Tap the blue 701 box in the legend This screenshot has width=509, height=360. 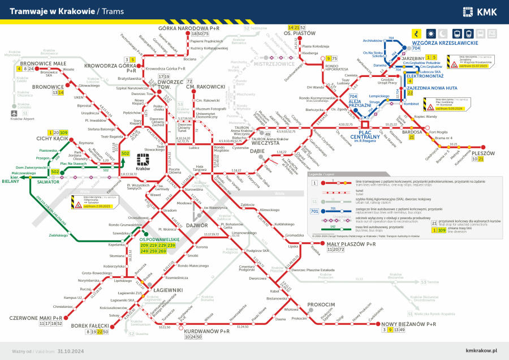click(314, 212)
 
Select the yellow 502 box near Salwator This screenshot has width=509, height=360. click(55, 172)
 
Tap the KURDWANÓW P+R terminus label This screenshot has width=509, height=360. click(207, 331)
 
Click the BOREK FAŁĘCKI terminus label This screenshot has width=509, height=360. click(90, 326)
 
